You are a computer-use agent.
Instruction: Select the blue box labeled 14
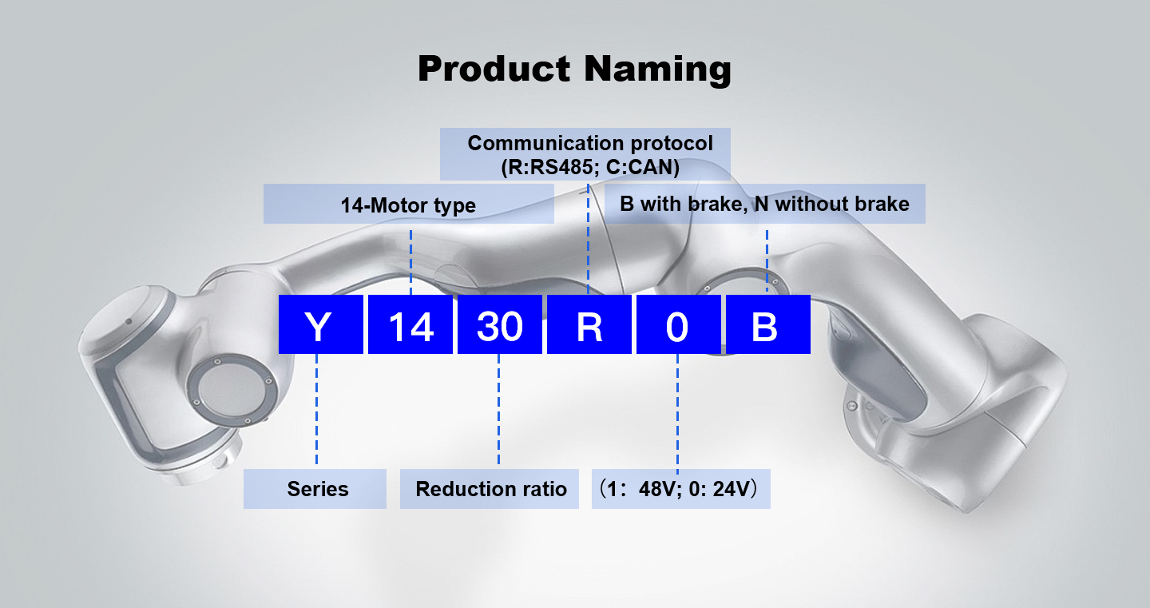click(x=410, y=324)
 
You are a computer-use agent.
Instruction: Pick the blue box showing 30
click(x=499, y=324)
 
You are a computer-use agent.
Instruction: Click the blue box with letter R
click(x=589, y=324)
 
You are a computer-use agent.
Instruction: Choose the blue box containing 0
click(x=678, y=324)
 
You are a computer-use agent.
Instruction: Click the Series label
click(x=318, y=489)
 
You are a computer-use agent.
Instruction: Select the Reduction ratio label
click(x=491, y=489)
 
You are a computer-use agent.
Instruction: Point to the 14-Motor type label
click(x=408, y=205)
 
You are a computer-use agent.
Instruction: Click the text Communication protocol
click(x=589, y=144)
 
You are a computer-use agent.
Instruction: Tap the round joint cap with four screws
click(x=230, y=391)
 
